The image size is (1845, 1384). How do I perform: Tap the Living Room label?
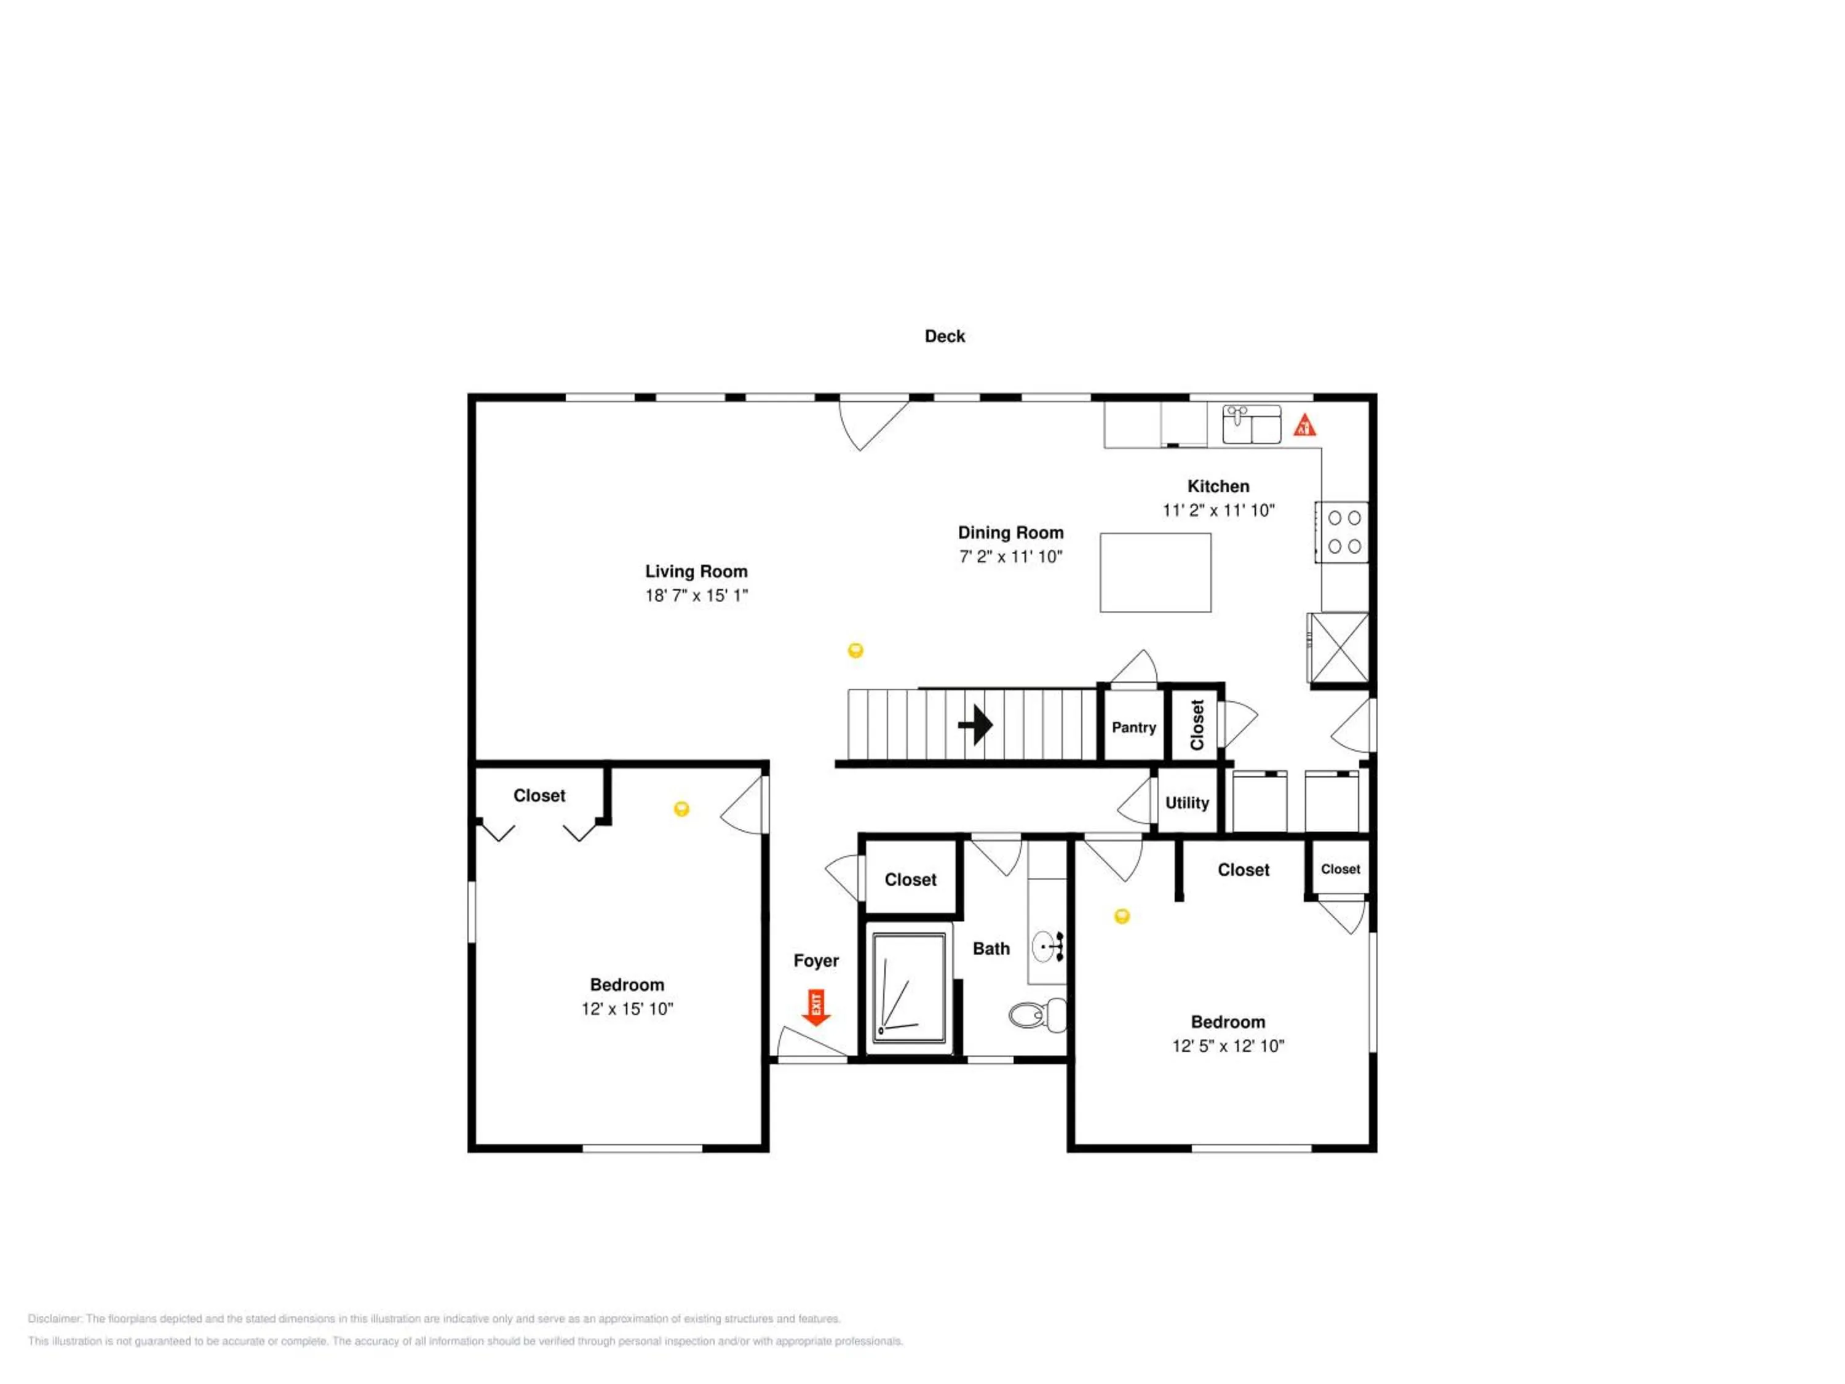click(696, 571)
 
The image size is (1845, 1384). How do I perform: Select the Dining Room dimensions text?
click(1011, 557)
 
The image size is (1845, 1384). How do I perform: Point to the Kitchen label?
click(1218, 487)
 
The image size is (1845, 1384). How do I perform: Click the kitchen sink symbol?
click(1251, 424)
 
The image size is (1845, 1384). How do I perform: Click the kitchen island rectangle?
click(1155, 572)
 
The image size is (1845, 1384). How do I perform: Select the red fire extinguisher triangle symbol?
click(1304, 426)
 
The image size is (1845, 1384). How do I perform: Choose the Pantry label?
click(1133, 728)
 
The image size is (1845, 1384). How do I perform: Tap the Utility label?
click(1187, 803)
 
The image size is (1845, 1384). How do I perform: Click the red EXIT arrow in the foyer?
click(815, 1008)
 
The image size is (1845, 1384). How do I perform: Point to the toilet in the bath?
click(1038, 1014)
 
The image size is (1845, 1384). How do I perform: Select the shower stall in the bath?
click(909, 988)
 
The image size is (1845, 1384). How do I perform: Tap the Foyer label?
click(815, 961)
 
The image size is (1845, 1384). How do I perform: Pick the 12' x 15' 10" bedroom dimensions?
click(627, 1009)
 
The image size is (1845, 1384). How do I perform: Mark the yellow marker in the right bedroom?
click(1122, 916)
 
